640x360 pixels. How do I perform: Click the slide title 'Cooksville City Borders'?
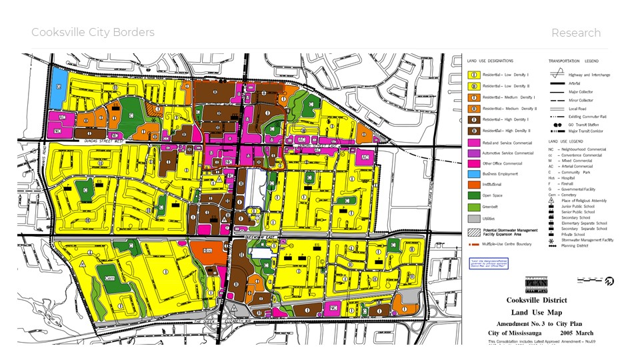point(93,33)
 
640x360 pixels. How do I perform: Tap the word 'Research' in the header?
point(575,33)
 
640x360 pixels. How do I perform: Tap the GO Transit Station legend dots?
point(557,125)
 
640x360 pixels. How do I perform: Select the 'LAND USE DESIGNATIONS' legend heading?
point(491,61)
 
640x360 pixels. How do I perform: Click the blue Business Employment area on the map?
point(58,87)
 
